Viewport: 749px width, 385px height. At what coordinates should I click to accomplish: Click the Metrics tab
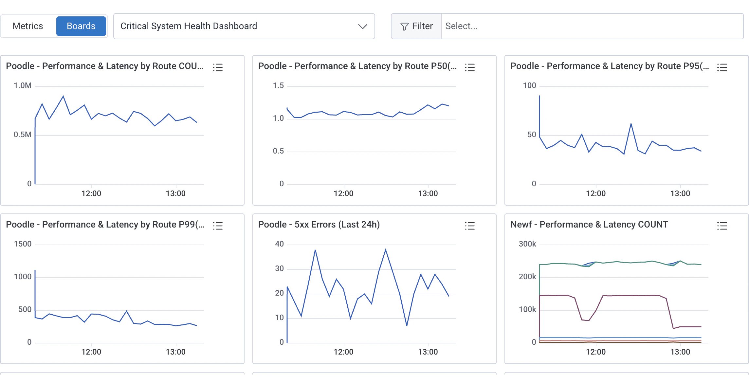tap(28, 26)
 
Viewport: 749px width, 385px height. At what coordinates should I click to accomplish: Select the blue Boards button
tap(81, 26)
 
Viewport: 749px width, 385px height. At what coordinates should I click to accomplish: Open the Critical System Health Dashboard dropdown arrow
tap(362, 27)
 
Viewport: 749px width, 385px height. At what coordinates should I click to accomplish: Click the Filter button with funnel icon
tap(416, 26)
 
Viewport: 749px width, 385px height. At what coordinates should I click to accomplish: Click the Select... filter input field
tap(592, 26)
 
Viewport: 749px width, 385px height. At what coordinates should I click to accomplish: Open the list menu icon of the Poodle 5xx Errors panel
tap(469, 226)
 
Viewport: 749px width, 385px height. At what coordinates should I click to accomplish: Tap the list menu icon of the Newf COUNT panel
tap(722, 226)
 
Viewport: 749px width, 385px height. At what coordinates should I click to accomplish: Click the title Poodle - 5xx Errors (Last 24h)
tap(319, 225)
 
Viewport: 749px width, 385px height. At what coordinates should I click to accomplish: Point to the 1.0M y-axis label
tap(23, 86)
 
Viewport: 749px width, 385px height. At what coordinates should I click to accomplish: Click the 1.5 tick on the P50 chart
tap(278, 86)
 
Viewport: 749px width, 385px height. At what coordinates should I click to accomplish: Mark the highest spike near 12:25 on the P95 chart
tap(631, 124)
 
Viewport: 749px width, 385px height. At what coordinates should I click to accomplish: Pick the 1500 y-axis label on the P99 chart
tap(23, 244)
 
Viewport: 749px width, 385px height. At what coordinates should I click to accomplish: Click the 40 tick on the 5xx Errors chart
tap(279, 244)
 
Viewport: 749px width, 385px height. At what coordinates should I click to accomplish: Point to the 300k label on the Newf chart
tap(527, 244)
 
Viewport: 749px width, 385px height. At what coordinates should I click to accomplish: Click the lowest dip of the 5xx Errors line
tap(407, 325)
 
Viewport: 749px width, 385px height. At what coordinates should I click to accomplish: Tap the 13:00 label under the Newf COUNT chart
tap(680, 352)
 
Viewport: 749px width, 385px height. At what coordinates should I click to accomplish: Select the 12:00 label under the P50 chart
tap(343, 193)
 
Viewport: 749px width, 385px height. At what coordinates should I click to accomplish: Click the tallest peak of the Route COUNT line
tap(63, 96)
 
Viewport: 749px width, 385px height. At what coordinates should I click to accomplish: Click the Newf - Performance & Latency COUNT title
tap(589, 225)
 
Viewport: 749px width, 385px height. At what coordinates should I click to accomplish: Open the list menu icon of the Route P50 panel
tap(469, 67)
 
